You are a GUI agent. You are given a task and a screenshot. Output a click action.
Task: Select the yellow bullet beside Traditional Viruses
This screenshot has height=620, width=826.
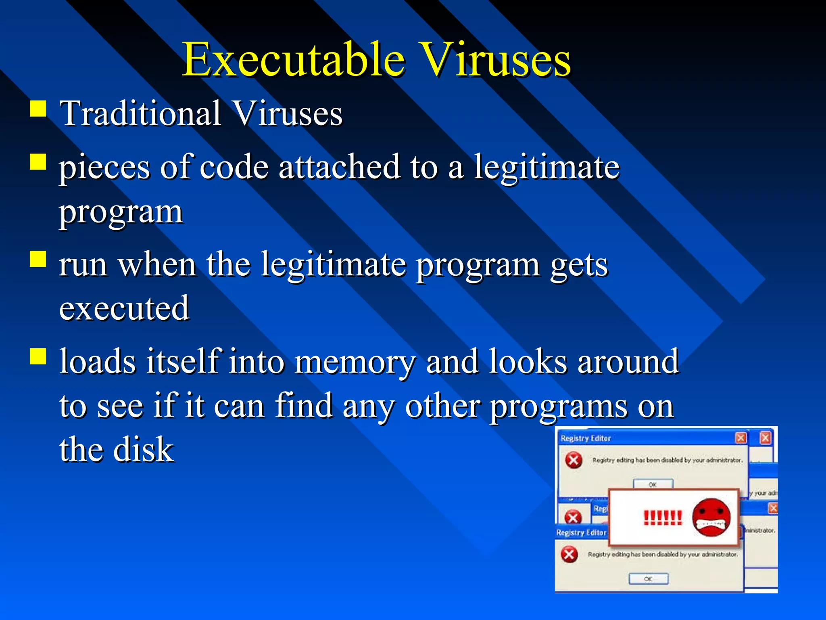coord(38,109)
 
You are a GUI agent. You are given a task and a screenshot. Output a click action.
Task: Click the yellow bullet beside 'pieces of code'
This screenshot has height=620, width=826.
coord(38,162)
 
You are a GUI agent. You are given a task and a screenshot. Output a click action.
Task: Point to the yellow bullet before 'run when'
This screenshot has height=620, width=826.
coord(38,260)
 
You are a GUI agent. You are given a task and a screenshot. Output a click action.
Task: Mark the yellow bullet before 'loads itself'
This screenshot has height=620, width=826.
coord(38,356)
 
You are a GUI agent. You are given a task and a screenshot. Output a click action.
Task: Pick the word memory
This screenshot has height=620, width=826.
coord(355,361)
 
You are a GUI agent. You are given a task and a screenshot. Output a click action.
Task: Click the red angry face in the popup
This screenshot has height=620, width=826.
coord(711,517)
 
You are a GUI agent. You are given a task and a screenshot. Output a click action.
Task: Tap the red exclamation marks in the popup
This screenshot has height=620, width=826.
coord(663,517)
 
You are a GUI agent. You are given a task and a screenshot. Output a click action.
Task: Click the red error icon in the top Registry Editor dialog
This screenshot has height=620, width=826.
coord(574,460)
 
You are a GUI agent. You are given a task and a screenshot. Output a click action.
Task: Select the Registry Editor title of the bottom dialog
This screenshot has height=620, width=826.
coord(581,533)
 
